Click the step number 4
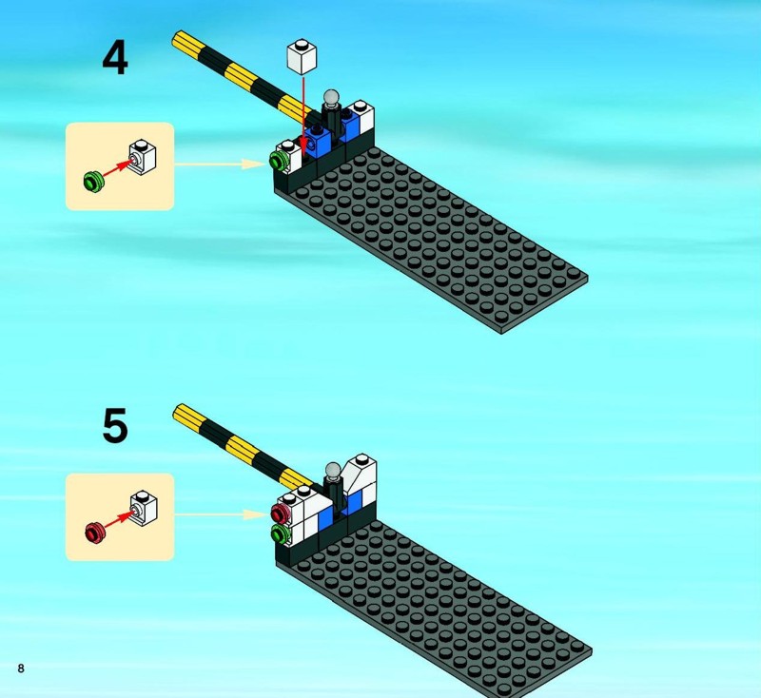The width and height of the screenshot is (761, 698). click(x=115, y=58)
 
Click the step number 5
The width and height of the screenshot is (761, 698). click(x=115, y=425)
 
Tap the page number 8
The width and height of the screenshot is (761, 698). click(x=20, y=668)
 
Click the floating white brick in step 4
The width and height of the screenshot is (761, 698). click(x=302, y=56)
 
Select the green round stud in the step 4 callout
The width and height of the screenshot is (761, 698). click(x=93, y=181)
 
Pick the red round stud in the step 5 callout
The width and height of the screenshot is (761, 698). click(x=95, y=532)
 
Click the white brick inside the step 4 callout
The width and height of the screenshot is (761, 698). click(x=143, y=157)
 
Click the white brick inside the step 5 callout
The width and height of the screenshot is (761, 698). click(x=144, y=509)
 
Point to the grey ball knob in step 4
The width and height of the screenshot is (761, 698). click(x=331, y=98)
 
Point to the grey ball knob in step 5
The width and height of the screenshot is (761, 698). click(x=333, y=470)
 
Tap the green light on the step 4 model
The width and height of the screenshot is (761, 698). click(x=278, y=159)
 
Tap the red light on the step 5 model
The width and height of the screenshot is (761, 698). click(x=280, y=513)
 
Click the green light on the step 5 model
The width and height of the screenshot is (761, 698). click(x=280, y=534)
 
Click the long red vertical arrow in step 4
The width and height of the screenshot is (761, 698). click(x=302, y=114)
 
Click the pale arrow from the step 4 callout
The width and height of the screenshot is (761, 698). click(x=220, y=164)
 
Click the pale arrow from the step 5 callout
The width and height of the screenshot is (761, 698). click(x=220, y=514)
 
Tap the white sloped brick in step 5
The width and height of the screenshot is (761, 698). click(x=360, y=472)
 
